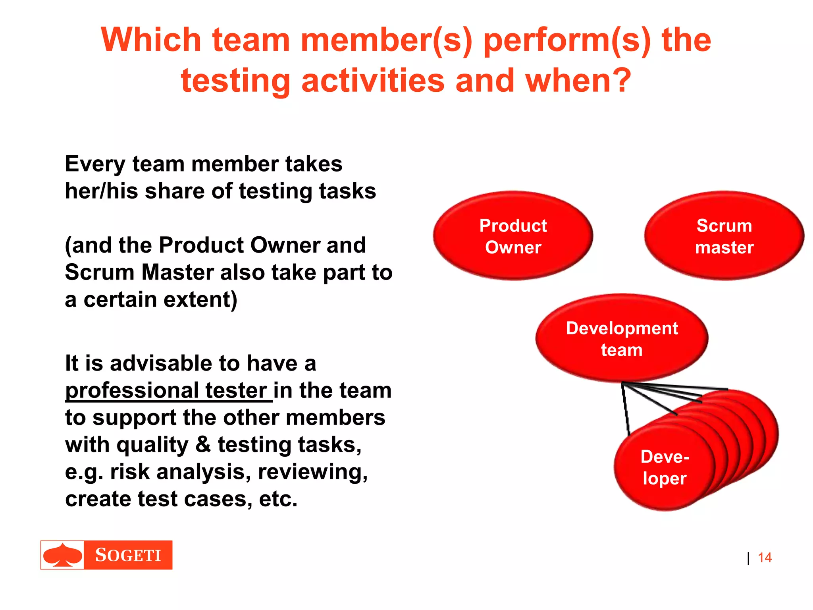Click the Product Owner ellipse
point(513,236)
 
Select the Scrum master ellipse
point(724,236)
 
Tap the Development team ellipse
point(622,339)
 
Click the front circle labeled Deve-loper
point(665,467)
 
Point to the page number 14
point(765,558)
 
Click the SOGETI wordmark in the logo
point(128,555)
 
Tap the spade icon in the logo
point(63,555)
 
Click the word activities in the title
point(373,81)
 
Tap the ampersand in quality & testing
point(203,444)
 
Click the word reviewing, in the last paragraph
point(313,472)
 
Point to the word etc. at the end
point(278,499)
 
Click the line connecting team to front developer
point(625,409)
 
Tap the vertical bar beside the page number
point(748,558)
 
